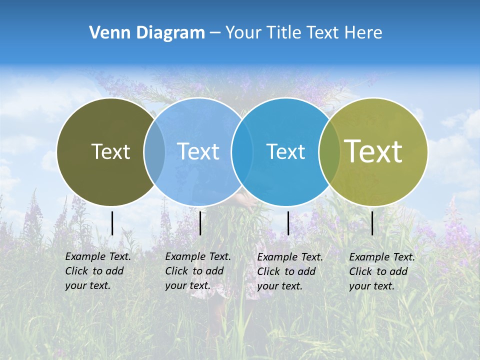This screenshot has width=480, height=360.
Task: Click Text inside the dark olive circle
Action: click(x=110, y=151)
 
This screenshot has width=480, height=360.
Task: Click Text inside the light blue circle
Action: click(x=198, y=151)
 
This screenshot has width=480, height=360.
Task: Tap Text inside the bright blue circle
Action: click(x=285, y=151)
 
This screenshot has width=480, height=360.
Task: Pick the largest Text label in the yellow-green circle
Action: click(x=373, y=151)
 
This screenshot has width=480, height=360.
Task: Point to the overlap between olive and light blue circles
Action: click(x=154, y=151)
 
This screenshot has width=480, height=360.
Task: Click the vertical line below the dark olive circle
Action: click(x=112, y=223)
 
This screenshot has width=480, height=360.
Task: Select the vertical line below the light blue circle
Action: click(x=200, y=223)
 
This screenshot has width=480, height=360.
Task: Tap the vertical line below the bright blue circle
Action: click(x=288, y=223)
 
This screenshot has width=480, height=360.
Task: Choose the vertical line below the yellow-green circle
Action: click(x=372, y=223)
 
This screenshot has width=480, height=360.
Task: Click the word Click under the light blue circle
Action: click(x=176, y=271)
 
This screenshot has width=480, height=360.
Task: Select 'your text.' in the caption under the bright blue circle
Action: click(x=279, y=286)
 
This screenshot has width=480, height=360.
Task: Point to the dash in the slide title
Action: click(x=215, y=33)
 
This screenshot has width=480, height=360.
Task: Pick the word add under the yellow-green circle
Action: click(x=398, y=271)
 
